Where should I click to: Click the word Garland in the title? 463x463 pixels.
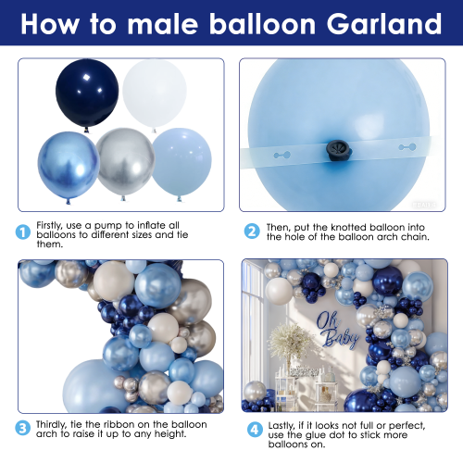pyautogui.click(x=384, y=24)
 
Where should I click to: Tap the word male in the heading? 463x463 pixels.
pyautogui.click(x=163, y=24)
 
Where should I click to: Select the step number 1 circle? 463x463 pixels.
pyautogui.click(x=23, y=232)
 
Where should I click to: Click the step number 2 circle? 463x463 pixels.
pyautogui.click(x=252, y=231)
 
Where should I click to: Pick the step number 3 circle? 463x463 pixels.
pyautogui.click(x=23, y=428)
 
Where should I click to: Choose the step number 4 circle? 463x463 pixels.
pyautogui.click(x=255, y=430)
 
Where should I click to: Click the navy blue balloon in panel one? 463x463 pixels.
pyautogui.click(x=87, y=94)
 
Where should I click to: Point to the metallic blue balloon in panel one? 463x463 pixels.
pyautogui.click(x=69, y=167)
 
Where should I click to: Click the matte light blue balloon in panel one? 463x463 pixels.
pyautogui.click(x=181, y=164)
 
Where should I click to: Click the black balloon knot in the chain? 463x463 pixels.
pyautogui.click(x=339, y=150)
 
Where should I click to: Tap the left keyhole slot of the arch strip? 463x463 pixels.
pyautogui.click(x=282, y=155)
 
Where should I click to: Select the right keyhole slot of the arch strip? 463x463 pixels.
pyautogui.click(x=407, y=147)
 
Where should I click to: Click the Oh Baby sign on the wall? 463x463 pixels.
pyautogui.click(x=337, y=331)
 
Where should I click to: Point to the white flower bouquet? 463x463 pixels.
pyautogui.click(x=289, y=341)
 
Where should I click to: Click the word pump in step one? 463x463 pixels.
pyautogui.click(x=108, y=226)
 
